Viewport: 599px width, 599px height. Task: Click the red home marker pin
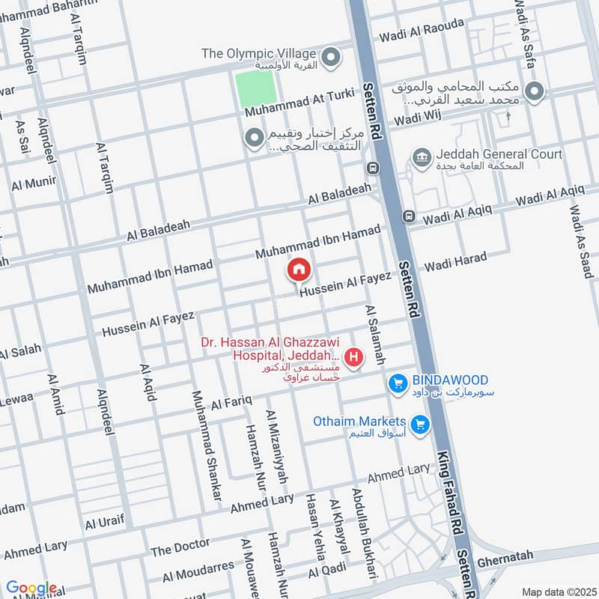[x=299, y=269]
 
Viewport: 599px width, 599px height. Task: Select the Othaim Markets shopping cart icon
[x=420, y=424]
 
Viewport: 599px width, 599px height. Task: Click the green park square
[x=255, y=90]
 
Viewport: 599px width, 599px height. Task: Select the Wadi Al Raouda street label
[x=422, y=30]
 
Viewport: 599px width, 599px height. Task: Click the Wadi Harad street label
[x=455, y=263]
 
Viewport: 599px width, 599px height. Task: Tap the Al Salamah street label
[x=374, y=335]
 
